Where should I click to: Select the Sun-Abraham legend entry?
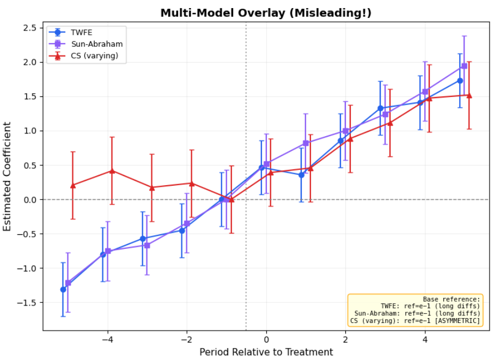point(93,44)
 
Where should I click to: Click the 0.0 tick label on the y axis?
point(31,200)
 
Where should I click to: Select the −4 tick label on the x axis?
point(107,339)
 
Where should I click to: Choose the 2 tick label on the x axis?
point(345,339)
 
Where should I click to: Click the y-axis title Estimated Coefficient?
point(8,176)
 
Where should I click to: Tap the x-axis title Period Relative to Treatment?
point(266,352)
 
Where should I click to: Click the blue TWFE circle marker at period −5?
point(63,289)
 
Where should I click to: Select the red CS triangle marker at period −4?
point(112,170)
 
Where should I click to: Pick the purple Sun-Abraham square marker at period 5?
point(464,66)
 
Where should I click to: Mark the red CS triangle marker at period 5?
point(469,95)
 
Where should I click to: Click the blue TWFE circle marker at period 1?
point(301,175)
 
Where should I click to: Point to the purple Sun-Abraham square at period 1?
point(306,143)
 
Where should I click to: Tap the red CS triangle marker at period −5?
point(72,185)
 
